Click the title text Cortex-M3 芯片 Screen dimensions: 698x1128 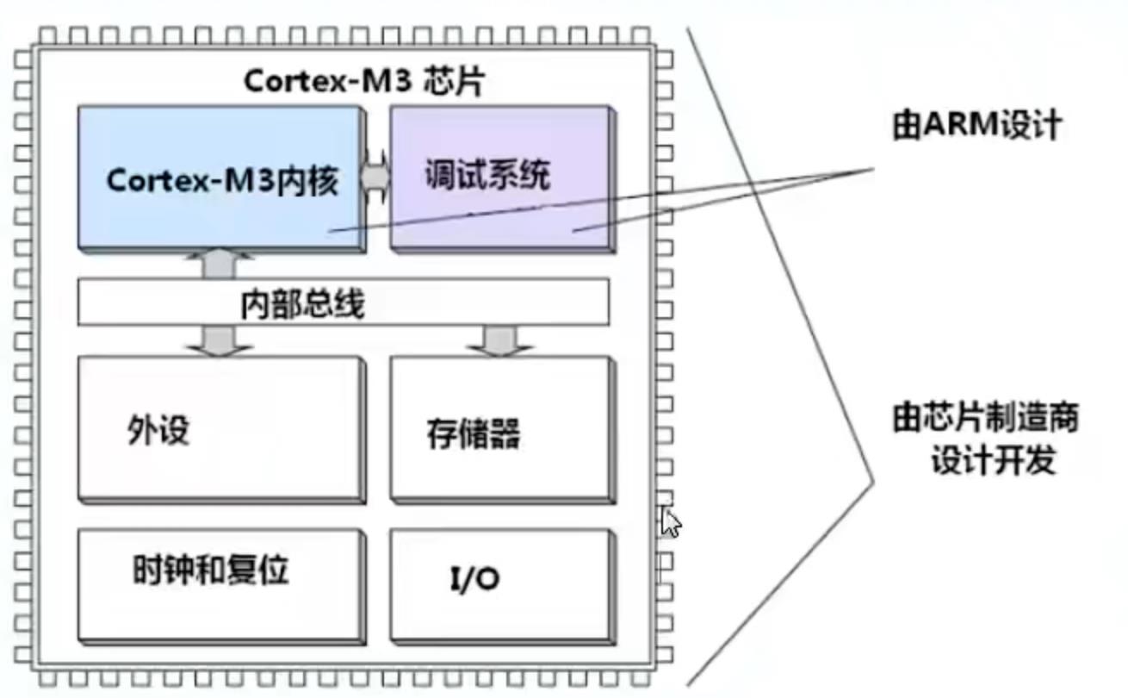coord(364,82)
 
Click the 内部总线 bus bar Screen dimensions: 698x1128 coord(343,302)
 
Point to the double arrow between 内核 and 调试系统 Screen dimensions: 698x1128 coord(375,177)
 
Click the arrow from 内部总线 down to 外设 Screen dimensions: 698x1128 coord(218,340)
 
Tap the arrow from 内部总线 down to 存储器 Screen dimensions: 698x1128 coord(499,340)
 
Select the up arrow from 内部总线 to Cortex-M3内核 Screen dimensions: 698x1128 coord(218,264)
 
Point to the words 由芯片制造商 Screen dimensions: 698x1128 coord(984,420)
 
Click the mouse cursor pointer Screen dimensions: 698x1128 coord(669,520)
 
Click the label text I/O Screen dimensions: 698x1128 coord(474,579)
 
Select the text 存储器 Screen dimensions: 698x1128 coord(473,433)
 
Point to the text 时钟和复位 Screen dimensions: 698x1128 coord(210,570)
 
